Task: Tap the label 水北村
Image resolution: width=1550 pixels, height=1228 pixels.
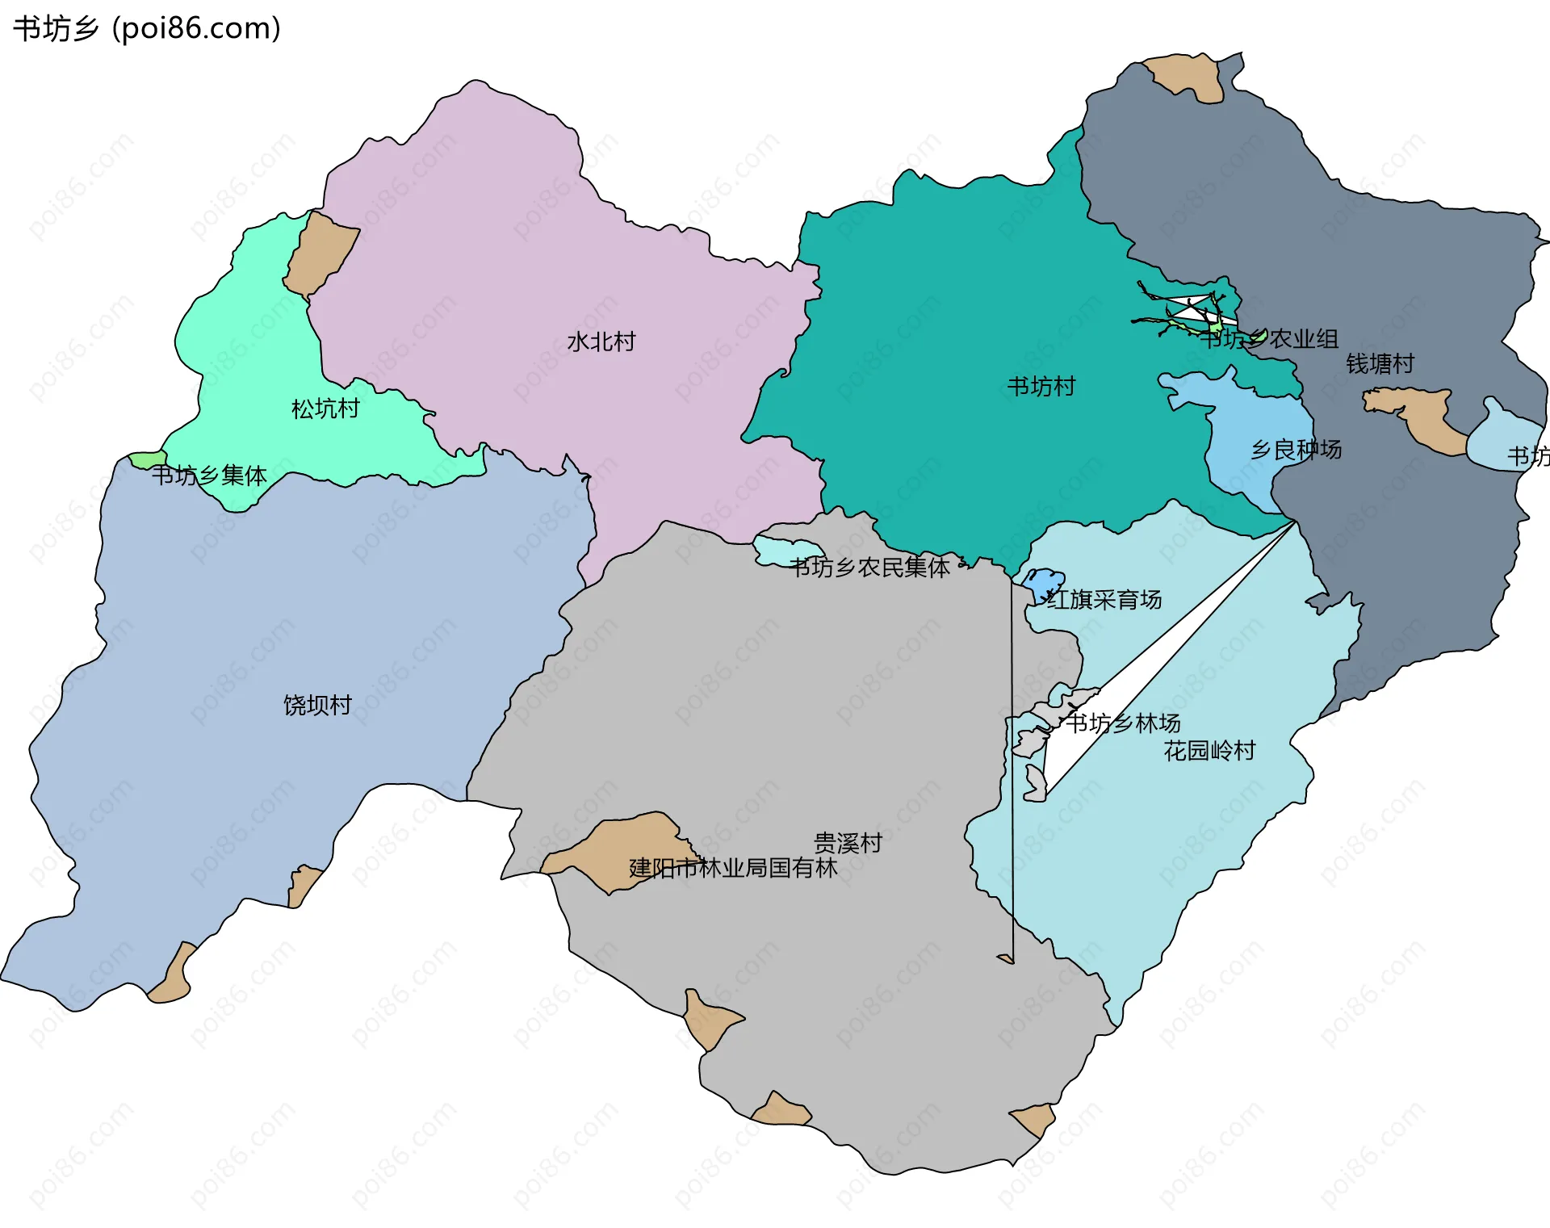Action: (601, 342)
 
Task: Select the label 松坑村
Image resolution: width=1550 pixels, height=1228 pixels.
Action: (325, 409)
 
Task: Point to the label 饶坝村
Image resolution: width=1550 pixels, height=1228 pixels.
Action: (317, 705)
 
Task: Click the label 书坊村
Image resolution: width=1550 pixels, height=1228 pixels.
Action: (1041, 387)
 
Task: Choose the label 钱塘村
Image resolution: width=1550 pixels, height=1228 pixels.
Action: (1380, 364)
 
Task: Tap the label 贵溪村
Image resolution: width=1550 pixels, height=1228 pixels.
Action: (847, 843)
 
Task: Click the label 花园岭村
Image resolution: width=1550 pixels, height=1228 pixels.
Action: (1209, 751)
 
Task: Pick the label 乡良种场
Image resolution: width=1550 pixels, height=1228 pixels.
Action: (1296, 450)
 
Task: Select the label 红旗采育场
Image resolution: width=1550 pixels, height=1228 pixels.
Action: (1104, 599)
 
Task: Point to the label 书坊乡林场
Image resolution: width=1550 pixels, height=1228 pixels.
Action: (1123, 723)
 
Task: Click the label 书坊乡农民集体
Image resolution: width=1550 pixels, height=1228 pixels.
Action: (869, 568)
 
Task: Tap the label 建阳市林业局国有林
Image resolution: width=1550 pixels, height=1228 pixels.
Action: (733, 868)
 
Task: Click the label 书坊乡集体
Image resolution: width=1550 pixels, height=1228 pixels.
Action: (209, 476)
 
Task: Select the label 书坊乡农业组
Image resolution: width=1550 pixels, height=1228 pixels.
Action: (1269, 339)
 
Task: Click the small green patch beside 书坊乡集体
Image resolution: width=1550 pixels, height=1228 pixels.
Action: (148, 460)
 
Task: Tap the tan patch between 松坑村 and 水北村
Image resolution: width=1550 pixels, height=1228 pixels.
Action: (321, 253)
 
